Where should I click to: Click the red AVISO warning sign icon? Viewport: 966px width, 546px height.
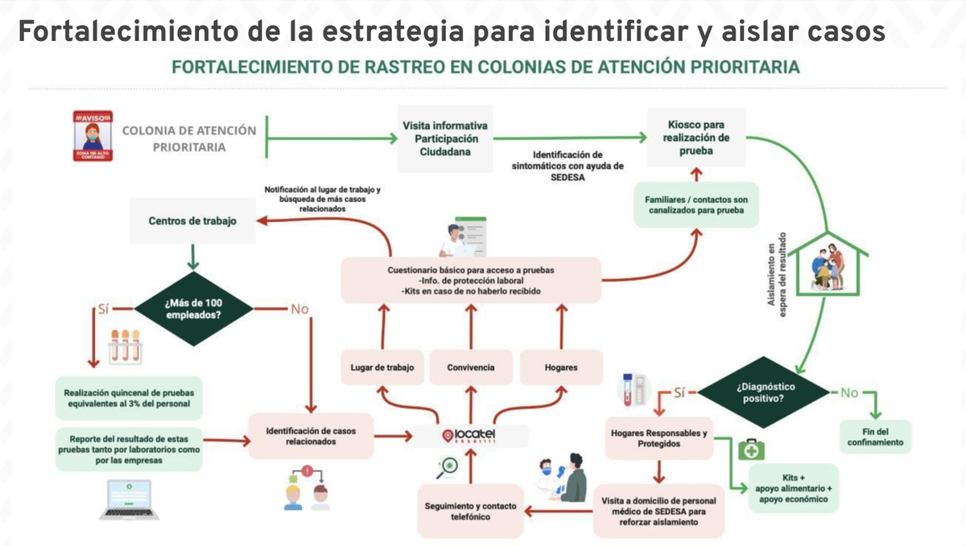pyautogui.click(x=92, y=138)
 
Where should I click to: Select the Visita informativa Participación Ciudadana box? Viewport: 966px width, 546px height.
pyautogui.click(x=445, y=138)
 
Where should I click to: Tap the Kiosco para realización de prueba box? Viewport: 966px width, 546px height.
pyautogui.click(x=696, y=138)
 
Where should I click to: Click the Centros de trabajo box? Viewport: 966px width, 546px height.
pyautogui.click(x=192, y=220)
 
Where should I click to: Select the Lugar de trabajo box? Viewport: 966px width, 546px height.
pyautogui.click(x=382, y=368)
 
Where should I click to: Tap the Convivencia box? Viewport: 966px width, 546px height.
pyautogui.click(x=471, y=368)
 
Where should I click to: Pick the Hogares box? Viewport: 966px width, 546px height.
pyautogui.click(x=561, y=368)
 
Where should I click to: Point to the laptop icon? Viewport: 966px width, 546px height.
pyautogui.click(x=129, y=499)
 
